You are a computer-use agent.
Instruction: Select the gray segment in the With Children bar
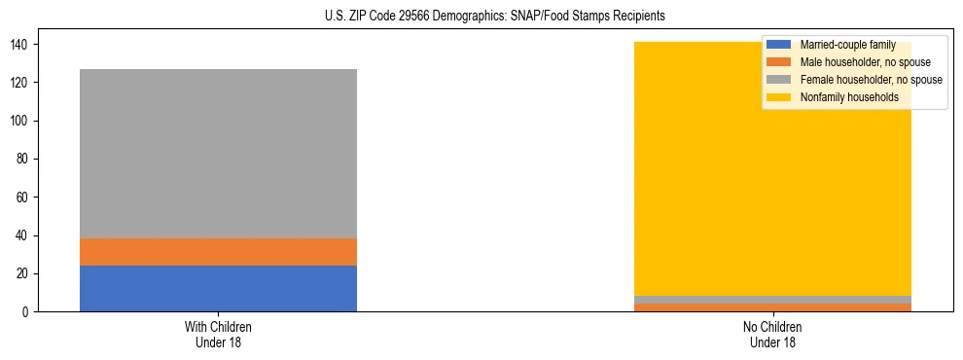click(x=218, y=154)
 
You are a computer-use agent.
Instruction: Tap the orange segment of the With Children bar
click(x=218, y=252)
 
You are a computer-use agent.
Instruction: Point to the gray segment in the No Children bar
click(x=772, y=300)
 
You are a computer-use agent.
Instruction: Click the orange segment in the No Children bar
click(x=772, y=307)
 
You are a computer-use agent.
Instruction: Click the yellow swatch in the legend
click(x=780, y=97)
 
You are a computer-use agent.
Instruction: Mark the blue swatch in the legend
click(x=780, y=45)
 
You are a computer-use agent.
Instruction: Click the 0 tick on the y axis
click(x=30, y=311)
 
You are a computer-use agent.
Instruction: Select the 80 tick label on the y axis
click(x=27, y=159)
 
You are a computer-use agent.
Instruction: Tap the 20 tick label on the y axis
click(x=27, y=273)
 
